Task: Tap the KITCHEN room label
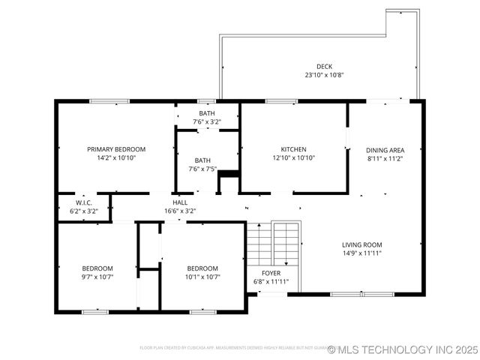[293, 149]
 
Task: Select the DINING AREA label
[385, 149]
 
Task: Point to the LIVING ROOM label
[362, 244]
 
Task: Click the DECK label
[323, 67]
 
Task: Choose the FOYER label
[271, 273]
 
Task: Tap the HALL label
[180, 202]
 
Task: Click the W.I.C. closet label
[84, 202]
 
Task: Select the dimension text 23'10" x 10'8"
[323, 76]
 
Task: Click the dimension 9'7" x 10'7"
[97, 277]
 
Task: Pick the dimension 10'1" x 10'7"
[202, 277]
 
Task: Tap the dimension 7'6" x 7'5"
[202, 169]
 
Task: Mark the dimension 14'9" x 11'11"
[362, 253]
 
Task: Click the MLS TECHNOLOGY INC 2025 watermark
[406, 349]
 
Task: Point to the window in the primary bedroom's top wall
[109, 101]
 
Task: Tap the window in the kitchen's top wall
[281, 101]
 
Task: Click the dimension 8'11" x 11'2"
[385, 158]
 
